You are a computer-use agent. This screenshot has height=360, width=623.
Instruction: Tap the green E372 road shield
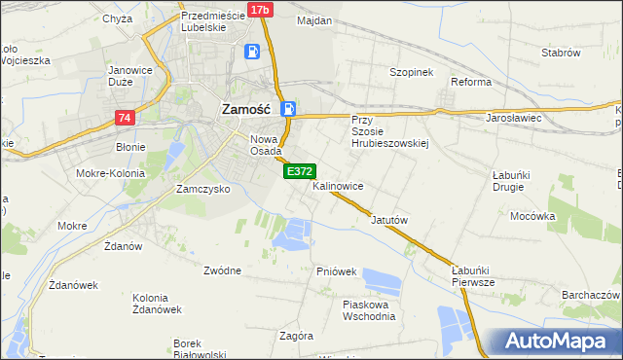(x=298, y=171)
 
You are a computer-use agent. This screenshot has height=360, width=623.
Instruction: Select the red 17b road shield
(x=259, y=10)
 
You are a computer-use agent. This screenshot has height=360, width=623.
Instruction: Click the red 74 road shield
(x=124, y=118)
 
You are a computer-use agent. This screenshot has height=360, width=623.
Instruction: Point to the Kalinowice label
(x=338, y=185)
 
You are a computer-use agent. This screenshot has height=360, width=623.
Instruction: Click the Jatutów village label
(x=388, y=220)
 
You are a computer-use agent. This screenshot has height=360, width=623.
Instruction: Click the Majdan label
(x=314, y=20)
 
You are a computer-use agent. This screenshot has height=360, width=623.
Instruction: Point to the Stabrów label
(x=561, y=53)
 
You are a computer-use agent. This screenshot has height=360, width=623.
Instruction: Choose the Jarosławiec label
(x=513, y=118)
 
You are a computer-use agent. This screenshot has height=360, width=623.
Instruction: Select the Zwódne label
(x=223, y=270)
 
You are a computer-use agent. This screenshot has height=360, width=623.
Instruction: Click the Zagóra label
(x=296, y=336)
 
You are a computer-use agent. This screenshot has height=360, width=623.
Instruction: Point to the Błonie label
(x=130, y=148)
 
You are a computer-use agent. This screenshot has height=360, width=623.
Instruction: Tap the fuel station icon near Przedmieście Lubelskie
(x=252, y=53)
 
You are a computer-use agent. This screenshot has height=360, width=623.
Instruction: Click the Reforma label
(x=471, y=82)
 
